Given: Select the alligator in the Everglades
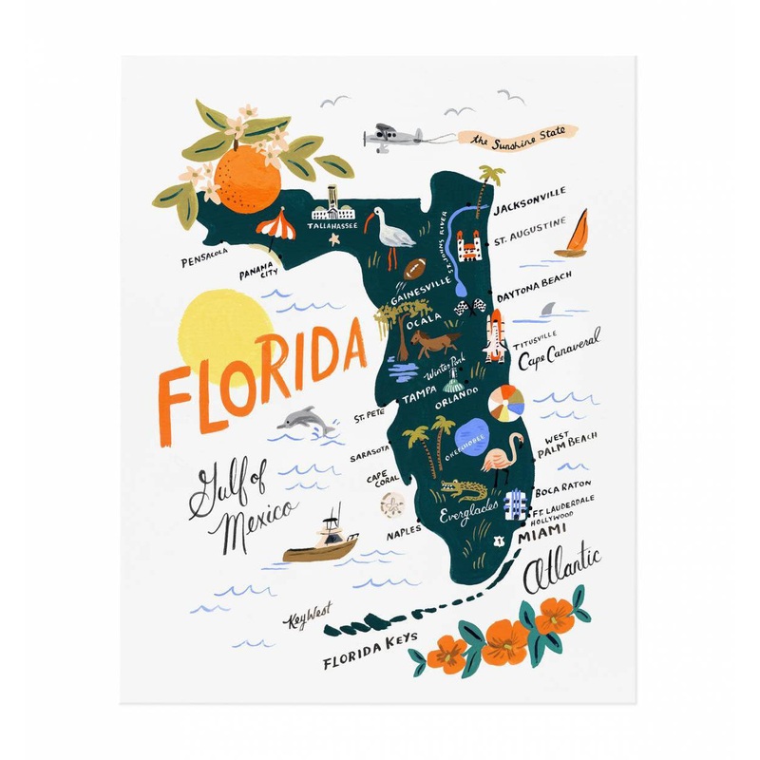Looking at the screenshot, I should [463, 493].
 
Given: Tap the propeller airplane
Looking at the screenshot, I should [389, 135].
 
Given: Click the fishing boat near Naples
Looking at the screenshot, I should [323, 543].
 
